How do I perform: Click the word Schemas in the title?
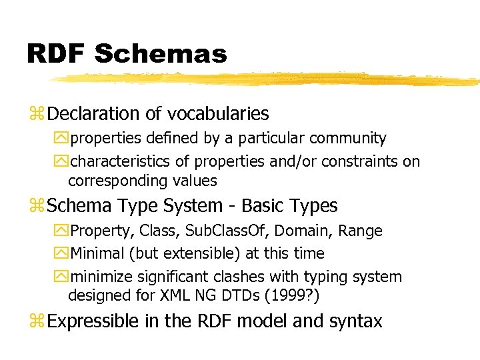pyautogui.click(x=160, y=53)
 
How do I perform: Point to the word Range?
pyautogui.click(x=361, y=231)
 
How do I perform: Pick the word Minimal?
pyautogui.click(x=97, y=254)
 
